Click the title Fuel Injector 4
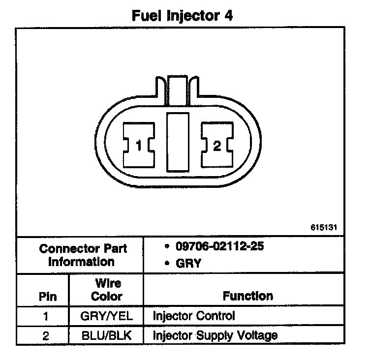click(x=182, y=15)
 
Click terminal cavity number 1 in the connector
click(x=139, y=145)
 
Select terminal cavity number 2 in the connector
click(x=216, y=145)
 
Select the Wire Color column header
click(x=107, y=290)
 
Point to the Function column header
click(x=247, y=296)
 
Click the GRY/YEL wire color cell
click(x=107, y=316)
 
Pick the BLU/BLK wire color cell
click(x=107, y=336)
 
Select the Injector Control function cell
click(x=194, y=316)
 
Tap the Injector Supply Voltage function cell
click(x=215, y=336)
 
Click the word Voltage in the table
click(x=259, y=336)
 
